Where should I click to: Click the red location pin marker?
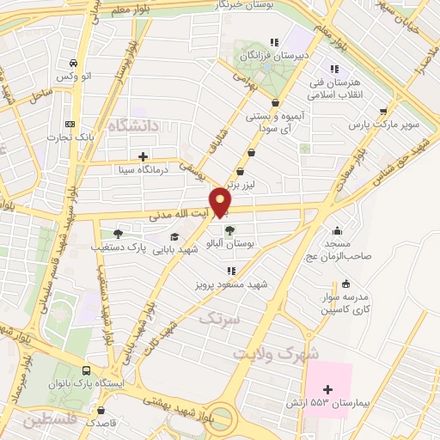[x=223, y=201]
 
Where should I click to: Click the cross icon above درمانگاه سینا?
[x=143, y=156]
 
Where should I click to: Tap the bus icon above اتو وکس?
[x=74, y=63]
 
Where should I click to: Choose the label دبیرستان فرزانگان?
[x=272, y=55]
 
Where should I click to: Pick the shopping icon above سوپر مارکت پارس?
[x=383, y=112]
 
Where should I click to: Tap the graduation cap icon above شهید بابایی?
[x=175, y=236]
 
